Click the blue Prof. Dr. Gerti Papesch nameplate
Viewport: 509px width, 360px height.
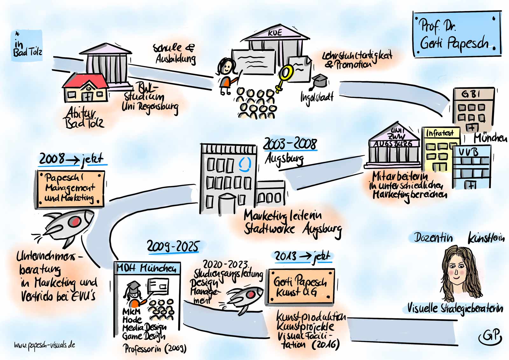[457, 34]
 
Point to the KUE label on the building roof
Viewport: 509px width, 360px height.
[275, 33]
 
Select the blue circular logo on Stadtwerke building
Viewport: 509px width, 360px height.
[245, 164]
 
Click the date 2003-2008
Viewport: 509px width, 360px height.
[290, 144]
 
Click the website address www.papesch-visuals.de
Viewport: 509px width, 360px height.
[45, 345]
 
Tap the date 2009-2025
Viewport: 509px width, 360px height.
[173, 246]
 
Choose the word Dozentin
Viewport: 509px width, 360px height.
[433, 237]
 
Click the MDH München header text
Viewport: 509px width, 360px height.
[147, 269]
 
